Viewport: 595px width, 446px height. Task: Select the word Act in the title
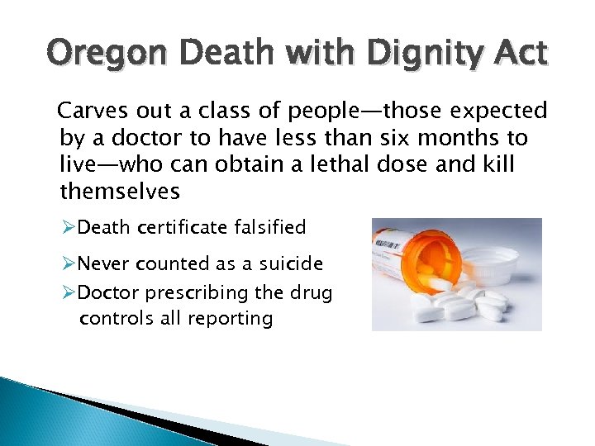(x=517, y=54)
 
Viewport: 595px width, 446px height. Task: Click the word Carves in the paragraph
(x=93, y=111)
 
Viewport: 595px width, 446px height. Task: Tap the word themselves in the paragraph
(x=120, y=192)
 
